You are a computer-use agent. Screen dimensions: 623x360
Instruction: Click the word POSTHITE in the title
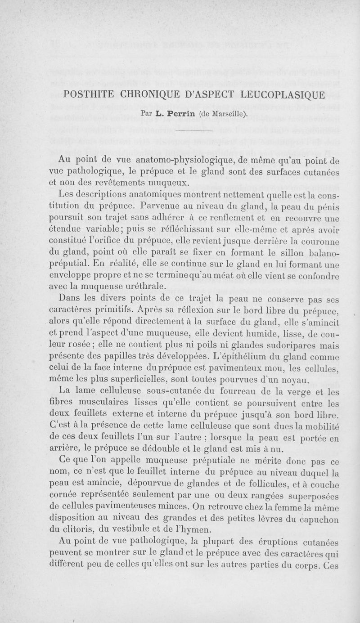coord(90,96)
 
